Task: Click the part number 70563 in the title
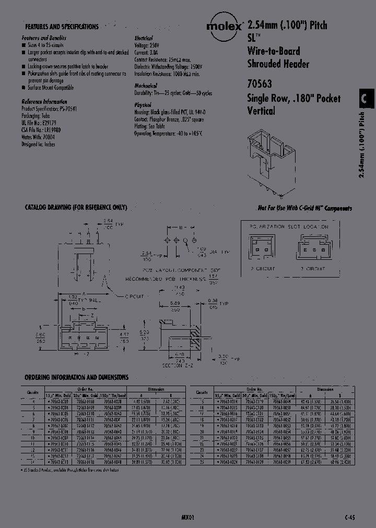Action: click(258, 83)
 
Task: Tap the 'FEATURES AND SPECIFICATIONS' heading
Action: click(62, 26)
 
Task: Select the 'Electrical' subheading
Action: click(144, 38)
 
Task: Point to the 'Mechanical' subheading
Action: click(146, 86)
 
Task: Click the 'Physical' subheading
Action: click(143, 104)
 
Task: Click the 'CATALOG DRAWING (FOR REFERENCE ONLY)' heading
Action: click(76, 208)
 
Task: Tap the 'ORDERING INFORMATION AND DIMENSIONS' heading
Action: click(77, 376)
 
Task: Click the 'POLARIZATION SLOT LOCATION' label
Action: click(290, 227)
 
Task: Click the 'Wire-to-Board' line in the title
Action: click(273, 51)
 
